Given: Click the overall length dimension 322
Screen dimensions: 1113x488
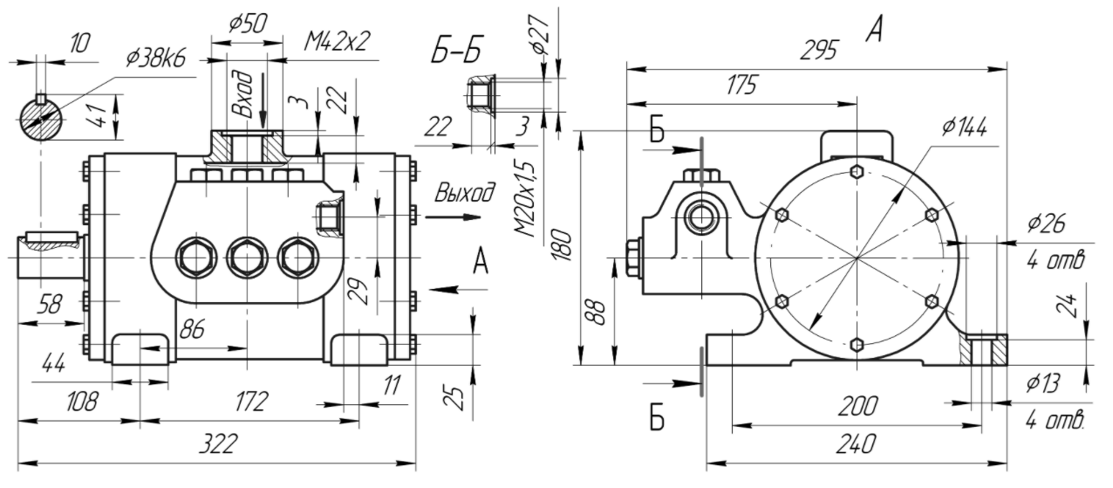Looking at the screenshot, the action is [218, 443].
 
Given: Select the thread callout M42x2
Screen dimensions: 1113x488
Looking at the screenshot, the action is [337, 41].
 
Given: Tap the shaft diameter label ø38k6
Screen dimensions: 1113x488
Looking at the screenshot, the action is [156, 58].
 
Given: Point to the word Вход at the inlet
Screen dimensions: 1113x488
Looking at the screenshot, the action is [243, 94].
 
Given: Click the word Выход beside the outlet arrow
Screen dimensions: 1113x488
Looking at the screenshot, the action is [465, 193].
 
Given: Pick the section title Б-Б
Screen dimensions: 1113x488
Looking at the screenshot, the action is [455, 50].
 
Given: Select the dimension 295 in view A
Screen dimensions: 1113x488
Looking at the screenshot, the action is [818, 51].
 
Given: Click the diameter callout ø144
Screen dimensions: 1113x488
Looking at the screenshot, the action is [964, 127].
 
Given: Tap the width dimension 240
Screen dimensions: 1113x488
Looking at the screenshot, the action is [856, 443].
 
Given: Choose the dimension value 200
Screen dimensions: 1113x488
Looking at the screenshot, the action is [857, 406].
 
